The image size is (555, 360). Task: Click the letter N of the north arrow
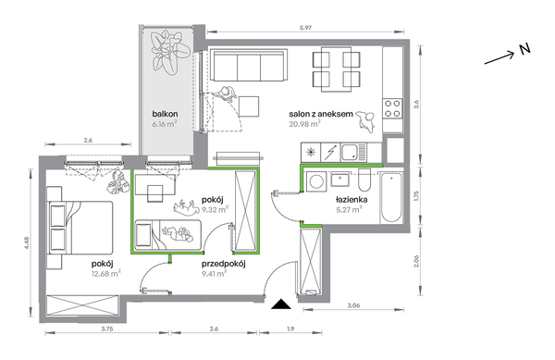click(x=525, y=49)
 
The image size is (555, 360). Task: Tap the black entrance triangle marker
click(x=281, y=304)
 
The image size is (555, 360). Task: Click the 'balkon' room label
click(x=165, y=114)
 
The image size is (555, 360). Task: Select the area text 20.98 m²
click(x=304, y=123)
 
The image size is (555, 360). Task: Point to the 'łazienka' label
click(x=351, y=200)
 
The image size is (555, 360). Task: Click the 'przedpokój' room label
click(x=224, y=264)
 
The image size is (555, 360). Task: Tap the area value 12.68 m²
click(x=106, y=273)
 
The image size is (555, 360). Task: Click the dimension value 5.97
click(x=305, y=28)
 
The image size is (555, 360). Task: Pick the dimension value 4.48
click(x=27, y=242)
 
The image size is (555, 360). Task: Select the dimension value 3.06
click(x=353, y=305)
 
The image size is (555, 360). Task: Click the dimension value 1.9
click(x=290, y=329)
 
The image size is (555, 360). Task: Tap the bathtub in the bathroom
click(x=391, y=197)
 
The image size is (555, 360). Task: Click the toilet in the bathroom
click(x=364, y=180)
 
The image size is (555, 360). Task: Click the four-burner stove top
click(x=392, y=108)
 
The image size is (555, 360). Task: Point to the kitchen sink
click(x=354, y=152)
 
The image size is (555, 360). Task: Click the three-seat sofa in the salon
click(x=249, y=66)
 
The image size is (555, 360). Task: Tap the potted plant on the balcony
click(x=169, y=52)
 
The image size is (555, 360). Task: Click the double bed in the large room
click(x=80, y=228)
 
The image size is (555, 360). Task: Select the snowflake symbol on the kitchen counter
click(x=311, y=153)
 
